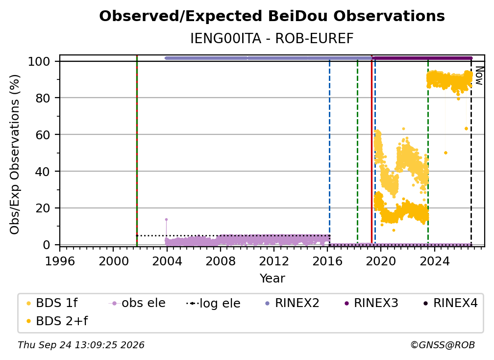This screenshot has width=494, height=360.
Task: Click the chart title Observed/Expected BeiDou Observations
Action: coord(272,16)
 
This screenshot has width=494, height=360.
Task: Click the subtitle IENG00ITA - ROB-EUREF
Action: coord(272,39)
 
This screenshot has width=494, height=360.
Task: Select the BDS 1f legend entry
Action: coord(51,303)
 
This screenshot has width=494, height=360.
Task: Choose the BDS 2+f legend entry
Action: coord(57,321)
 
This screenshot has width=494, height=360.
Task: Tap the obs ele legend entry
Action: coord(137,303)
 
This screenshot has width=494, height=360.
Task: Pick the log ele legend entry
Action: coord(213,303)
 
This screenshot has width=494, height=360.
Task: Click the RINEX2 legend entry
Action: coord(292,303)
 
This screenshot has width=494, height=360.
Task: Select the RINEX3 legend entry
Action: coord(371,303)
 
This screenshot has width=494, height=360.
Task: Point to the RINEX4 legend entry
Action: coord(450,303)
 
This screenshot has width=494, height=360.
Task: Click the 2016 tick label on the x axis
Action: coord(327,261)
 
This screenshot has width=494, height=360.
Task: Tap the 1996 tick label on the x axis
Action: coord(60,261)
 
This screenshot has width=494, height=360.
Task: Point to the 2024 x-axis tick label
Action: coord(434,261)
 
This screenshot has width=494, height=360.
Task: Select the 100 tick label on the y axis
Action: coord(39,61)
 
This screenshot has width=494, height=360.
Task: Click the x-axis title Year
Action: coord(272,279)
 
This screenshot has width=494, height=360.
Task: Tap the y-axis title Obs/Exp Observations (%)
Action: coord(15,154)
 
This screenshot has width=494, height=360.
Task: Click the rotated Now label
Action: coord(479,76)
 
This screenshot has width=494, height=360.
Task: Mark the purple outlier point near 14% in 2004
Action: coord(166,219)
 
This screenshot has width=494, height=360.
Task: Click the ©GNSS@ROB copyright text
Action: coord(443,345)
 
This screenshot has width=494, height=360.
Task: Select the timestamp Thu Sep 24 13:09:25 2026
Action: coord(81,345)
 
